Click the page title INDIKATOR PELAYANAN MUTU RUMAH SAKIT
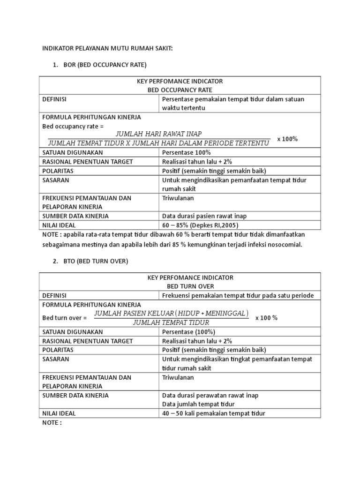(x=107, y=48)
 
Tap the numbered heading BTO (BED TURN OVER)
(x=96, y=261)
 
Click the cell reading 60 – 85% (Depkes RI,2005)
(x=200, y=225)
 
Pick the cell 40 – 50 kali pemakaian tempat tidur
(x=213, y=413)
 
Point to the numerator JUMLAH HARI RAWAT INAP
(x=159, y=134)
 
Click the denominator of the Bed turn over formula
(x=171, y=322)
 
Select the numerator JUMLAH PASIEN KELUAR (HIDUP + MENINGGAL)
(x=171, y=313)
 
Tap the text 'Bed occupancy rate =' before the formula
(x=73, y=127)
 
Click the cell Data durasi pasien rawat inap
(x=204, y=216)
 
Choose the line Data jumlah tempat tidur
(x=198, y=404)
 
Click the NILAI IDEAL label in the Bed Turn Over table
(x=59, y=413)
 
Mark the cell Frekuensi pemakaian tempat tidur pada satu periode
(x=238, y=296)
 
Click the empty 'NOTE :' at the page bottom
(x=52, y=422)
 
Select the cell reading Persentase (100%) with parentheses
(x=188, y=332)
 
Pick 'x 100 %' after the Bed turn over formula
(x=266, y=318)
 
